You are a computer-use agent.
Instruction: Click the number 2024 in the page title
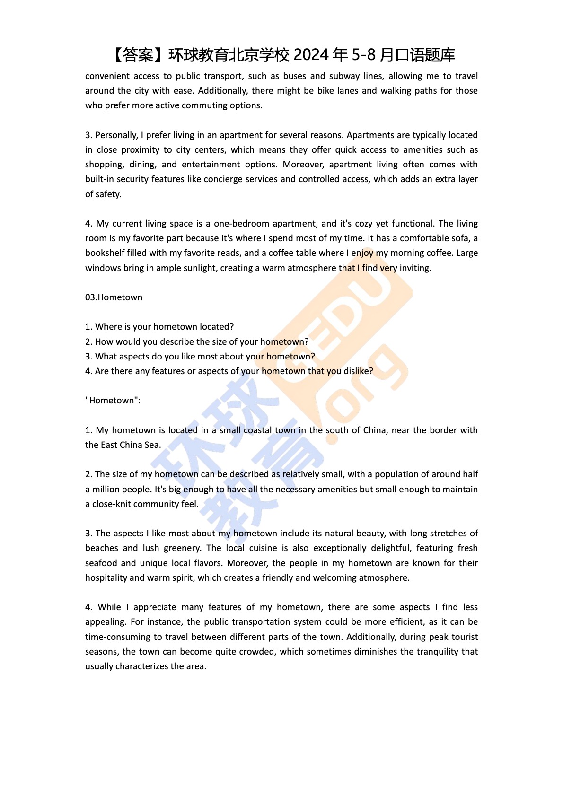pos(311,55)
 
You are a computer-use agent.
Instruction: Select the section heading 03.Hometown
pos(114,297)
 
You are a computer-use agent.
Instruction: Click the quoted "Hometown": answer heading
pos(113,401)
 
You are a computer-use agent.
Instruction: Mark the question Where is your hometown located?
pos(159,327)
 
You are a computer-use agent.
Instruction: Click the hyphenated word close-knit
pos(111,504)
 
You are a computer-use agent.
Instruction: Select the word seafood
pos(100,563)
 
